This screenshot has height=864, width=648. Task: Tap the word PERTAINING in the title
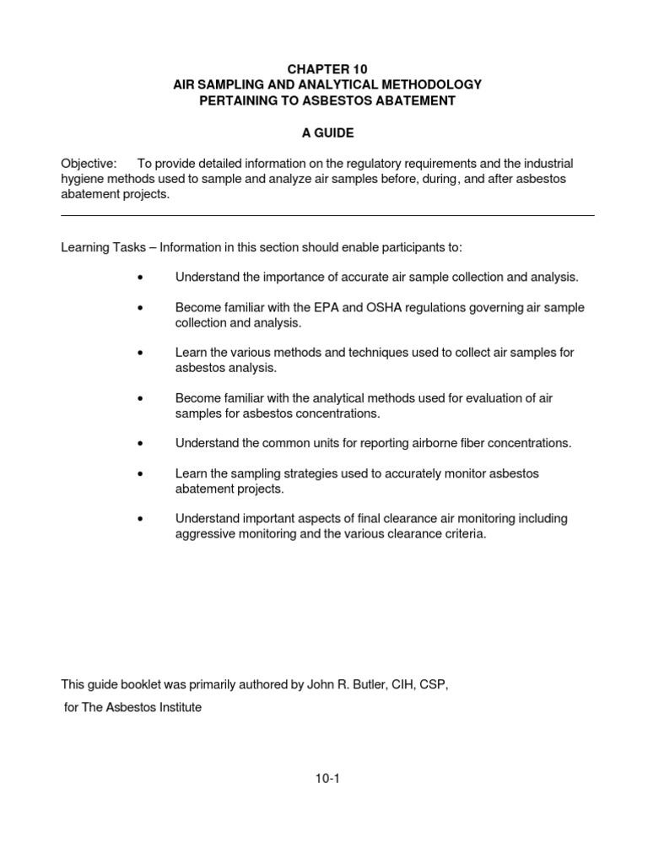239,100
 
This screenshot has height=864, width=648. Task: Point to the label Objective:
89,163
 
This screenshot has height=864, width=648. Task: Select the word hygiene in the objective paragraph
82,178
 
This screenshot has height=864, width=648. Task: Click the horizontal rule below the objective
327,215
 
